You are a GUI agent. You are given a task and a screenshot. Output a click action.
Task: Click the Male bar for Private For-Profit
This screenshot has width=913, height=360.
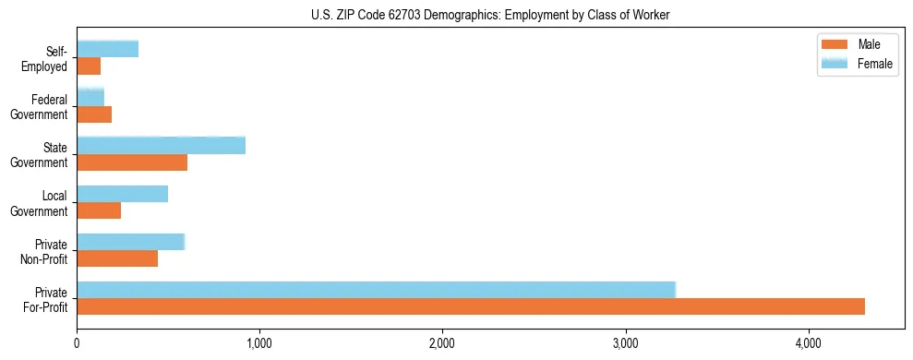pyautogui.click(x=471, y=306)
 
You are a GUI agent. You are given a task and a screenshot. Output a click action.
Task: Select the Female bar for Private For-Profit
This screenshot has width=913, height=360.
pyautogui.click(x=377, y=290)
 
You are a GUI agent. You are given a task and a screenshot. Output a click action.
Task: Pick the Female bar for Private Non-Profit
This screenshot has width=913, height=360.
pyautogui.click(x=131, y=242)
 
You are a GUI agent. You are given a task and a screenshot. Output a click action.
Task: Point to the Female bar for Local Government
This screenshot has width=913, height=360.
pyautogui.click(x=123, y=194)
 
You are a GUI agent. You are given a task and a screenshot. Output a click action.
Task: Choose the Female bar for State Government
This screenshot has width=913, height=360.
pyautogui.click(x=162, y=146)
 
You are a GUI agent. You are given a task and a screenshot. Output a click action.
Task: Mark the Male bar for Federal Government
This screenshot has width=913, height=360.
pyautogui.click(x=94, y=114)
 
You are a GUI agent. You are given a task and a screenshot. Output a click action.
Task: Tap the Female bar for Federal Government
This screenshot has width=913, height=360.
pyautogui.click(x=90, y=98)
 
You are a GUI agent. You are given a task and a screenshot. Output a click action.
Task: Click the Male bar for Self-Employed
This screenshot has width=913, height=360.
pyautogui.click(x=89, y=66)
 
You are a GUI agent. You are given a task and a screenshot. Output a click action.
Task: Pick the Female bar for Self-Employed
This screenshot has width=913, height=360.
pyautogui.click(x=108, y=50)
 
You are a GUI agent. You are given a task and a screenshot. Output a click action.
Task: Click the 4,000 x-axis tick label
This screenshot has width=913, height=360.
pyautogui.click(x=809, y=343)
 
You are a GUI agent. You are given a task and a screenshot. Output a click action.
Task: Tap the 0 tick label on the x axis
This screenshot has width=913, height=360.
pyautogui.click(x=77, y=343)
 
